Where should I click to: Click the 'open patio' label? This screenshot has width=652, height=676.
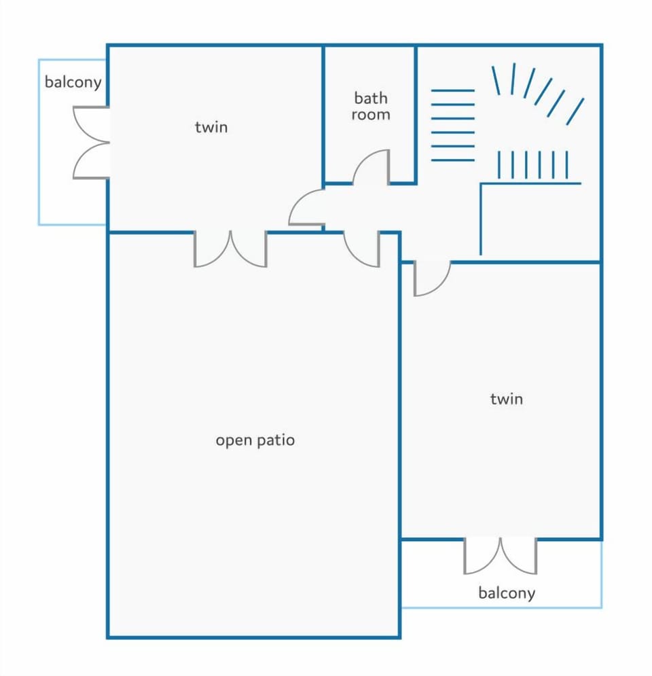click(x=255, y=441)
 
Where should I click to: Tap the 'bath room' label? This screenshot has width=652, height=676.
click(x=371, y=106)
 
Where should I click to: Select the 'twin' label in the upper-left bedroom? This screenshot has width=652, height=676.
click(x=211, y=127)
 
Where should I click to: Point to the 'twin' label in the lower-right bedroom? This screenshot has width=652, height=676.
click(x=507, y=399)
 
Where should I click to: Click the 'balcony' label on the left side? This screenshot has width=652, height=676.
click(x=73, y=82)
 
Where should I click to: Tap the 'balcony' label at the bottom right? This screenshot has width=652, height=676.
click(x=507, y=593)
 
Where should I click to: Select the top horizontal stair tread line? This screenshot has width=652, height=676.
click(x=452, y=90)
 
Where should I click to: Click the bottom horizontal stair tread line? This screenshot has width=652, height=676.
click(x=452, y=160)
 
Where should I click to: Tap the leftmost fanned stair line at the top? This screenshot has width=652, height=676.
click(x=496, y=80)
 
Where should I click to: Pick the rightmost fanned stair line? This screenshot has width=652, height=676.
click(x=575, y=111)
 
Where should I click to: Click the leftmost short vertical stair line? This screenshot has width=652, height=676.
click(x=499, y=164)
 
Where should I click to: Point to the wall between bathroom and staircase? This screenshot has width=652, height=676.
click(x=416, y=114)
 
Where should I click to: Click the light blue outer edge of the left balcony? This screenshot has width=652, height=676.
click(x=39, y=142)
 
